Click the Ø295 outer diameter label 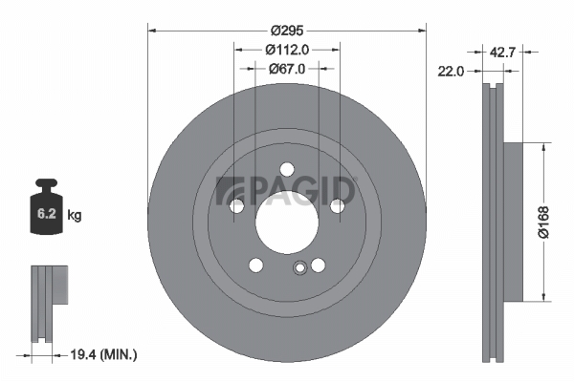287,31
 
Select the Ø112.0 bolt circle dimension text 287,50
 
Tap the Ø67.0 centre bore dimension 287,69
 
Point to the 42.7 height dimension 502,53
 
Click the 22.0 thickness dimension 451,72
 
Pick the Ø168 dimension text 543,223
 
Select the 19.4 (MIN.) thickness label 103,354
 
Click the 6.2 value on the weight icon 47,214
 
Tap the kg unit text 75,215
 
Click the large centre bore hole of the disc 287,223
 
